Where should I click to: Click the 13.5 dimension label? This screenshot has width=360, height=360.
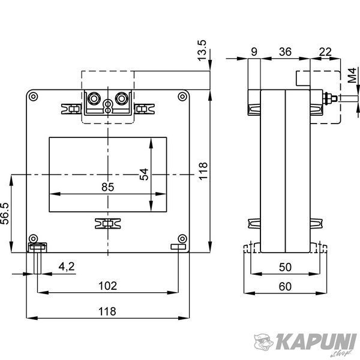pyautogui.click(x=202, y=50)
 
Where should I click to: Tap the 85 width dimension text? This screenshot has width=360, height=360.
pyautogui.click(x=107, y=187)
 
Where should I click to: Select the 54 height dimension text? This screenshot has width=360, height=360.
pyautogui.click(x=144, y=174)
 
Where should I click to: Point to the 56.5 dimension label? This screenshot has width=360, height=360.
pyautogui.click(x=4, y=214)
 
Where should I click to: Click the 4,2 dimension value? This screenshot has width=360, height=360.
pyautogui.click(x=67, y=266)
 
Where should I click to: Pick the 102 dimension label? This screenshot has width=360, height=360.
pyautogui.click(x=107, y=286)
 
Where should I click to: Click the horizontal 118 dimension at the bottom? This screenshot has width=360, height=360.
pyautogui.click(x=107, y=311)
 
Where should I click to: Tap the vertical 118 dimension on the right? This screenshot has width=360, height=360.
pyautogui.click(x=203, y=171)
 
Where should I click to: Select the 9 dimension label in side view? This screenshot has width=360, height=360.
pyautogui.click(x=254, y=52)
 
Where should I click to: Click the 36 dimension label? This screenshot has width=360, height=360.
pyautogui.click(x=285, y=52)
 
